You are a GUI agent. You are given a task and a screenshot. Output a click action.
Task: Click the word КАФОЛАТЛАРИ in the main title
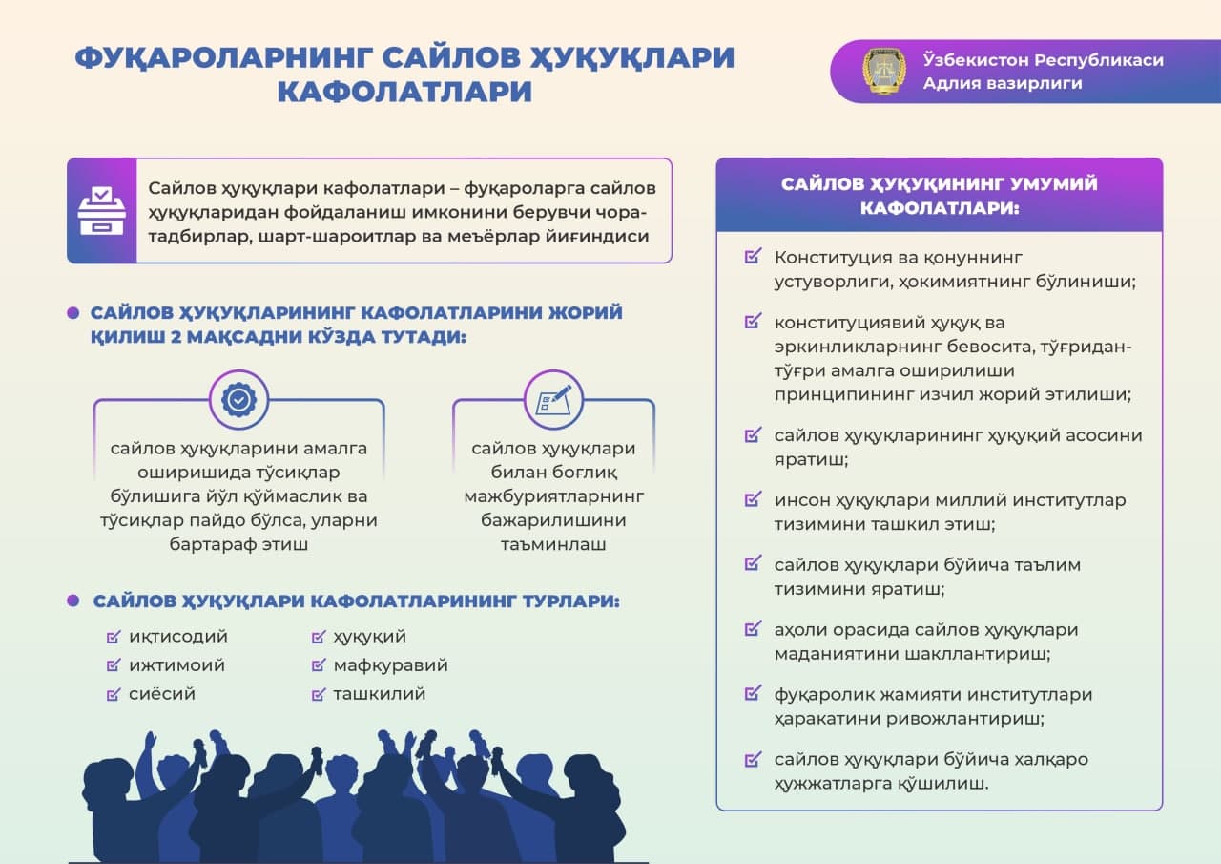point(405,91)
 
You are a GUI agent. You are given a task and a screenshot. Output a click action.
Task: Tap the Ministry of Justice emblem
point(883,71)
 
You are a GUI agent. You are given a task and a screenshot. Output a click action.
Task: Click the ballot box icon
point(102,211)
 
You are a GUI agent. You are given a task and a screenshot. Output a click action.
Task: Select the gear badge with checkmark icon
point(238,400)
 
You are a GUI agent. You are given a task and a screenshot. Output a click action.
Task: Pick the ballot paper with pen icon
point(554,400)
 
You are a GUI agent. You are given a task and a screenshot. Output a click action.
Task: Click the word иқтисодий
point(178,637)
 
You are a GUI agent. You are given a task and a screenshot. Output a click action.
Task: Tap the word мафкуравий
point(391,665)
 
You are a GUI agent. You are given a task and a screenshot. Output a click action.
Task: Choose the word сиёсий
point(162,694)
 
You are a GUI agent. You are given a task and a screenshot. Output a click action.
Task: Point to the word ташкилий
point(380,694)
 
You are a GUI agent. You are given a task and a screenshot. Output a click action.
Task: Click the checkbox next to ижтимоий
point(114,664)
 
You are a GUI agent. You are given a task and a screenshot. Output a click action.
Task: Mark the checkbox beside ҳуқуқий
point(319,637)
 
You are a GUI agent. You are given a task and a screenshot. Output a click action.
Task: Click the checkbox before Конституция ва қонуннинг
point(753,256)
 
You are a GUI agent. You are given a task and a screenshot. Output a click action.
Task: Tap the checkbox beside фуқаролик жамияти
point(753,693)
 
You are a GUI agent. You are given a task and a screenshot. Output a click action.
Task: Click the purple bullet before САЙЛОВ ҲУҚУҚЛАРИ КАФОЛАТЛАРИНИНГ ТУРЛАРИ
point(73,601)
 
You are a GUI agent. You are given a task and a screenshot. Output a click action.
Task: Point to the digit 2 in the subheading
point(176,337)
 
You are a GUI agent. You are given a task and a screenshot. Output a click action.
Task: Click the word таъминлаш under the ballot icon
point(553,544)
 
